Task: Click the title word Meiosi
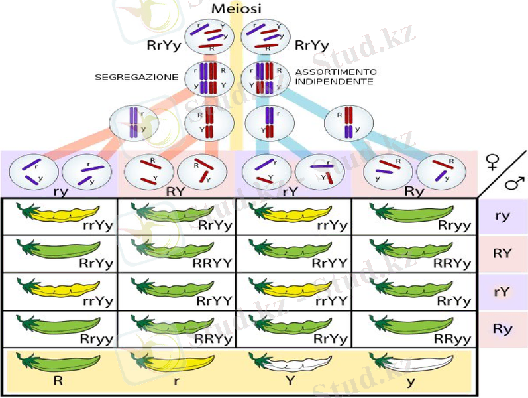[237, 9]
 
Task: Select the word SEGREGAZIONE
[136, 77]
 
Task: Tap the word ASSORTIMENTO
[336, 72]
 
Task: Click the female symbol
[492, 161]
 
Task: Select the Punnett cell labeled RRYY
[176, 254]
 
